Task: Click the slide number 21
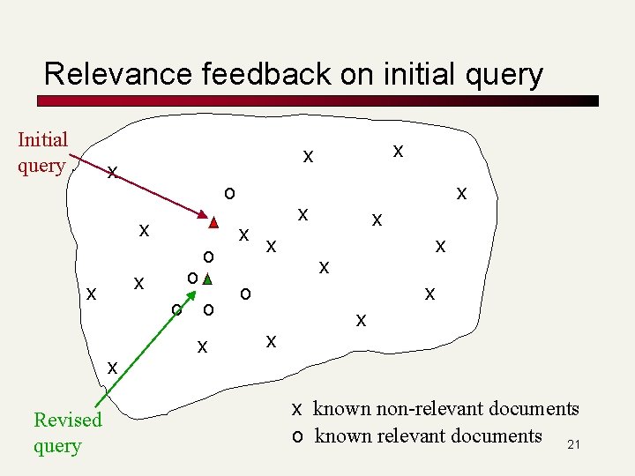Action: [573, 445]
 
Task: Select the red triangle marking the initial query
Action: [213, 222]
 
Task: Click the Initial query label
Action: [42, 152]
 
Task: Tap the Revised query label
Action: [67, 432]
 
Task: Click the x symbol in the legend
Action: [298, 409]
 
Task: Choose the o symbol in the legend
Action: [298, 436]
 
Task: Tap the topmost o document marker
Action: [228, 192]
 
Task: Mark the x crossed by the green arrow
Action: [112, 365]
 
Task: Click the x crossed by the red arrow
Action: [112, 172]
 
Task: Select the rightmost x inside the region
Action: [461, 193]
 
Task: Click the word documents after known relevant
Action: [496, 436]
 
